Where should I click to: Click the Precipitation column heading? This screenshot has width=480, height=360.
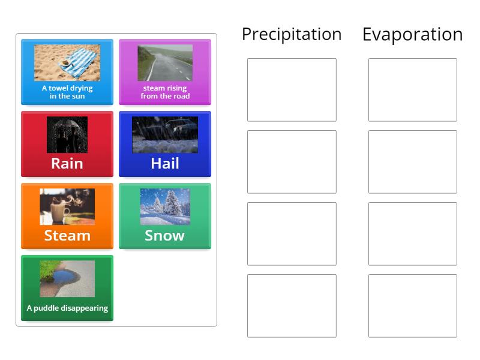292,34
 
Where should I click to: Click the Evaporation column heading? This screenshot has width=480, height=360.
412,34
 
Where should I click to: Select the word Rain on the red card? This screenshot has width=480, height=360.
67,163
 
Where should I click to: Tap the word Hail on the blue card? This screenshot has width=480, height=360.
165,163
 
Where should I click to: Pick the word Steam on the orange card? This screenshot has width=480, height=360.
67,235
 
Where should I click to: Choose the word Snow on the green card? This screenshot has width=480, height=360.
164,235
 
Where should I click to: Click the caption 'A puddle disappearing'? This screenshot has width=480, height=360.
67,308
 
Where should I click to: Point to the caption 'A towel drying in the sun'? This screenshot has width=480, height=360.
67,92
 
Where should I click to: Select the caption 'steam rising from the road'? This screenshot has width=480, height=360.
165,92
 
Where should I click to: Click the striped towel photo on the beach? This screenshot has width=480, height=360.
67,62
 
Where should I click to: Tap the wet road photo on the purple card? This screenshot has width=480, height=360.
165,62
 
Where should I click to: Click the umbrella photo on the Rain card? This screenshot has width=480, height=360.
67,134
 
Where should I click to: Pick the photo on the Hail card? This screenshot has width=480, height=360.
165,134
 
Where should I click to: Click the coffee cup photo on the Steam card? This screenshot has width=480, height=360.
67,206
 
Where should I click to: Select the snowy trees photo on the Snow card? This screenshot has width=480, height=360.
165,206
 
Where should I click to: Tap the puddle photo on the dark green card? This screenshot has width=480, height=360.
67,278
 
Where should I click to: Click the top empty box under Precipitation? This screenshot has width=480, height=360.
292,89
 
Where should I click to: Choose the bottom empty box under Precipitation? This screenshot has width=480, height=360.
292,305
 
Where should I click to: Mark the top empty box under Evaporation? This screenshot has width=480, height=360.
412,89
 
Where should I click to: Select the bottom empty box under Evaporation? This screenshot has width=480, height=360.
412,305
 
